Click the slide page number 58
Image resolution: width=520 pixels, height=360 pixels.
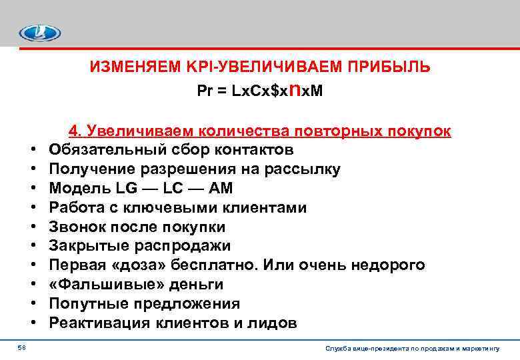22,347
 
